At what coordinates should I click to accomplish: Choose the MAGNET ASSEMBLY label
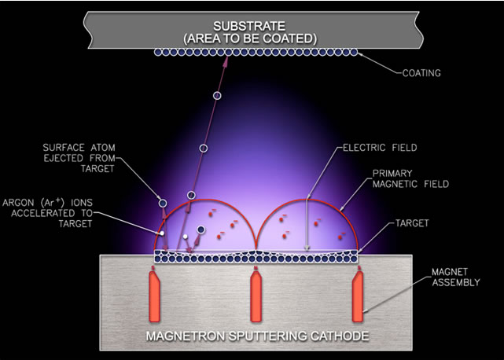(x=448, y=277)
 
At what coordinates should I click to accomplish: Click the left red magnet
(x=154, y=297)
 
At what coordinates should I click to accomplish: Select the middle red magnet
(x=256, y=297)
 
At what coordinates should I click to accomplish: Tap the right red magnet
(x=359, y=297)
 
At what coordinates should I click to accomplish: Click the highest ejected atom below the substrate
(x=217, y=96)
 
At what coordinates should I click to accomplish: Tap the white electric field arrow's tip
(x=307, y=250)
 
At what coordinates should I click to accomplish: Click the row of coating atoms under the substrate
(x=256, y=52)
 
